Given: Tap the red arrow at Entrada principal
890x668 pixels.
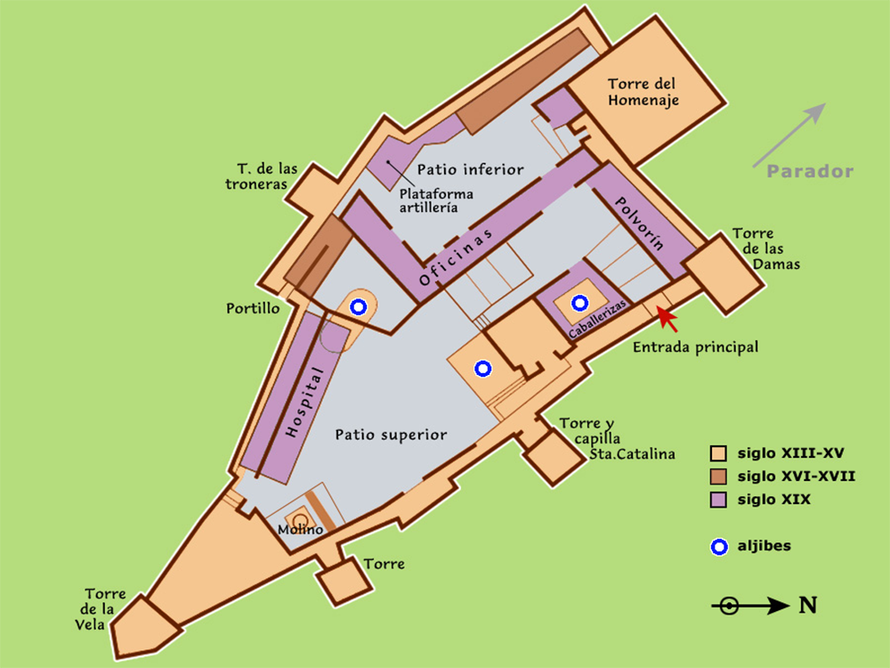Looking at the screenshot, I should point(667,317).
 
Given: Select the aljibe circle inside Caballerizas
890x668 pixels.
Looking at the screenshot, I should point(580,303).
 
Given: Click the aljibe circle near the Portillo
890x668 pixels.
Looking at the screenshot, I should point(358,307).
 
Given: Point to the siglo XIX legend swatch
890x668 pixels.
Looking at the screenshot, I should point(718,500).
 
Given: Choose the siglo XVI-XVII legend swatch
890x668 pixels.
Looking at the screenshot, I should point(718,477).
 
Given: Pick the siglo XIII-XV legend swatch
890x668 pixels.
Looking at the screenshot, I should point(718,453).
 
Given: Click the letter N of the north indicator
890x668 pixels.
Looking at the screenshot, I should point(807,606).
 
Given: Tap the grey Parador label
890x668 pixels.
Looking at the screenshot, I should point(811,172).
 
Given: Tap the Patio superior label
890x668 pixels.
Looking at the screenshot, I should point(391,435).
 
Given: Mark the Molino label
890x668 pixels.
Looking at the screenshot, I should point(300,530).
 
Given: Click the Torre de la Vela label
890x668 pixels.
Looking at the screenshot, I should point(105,609).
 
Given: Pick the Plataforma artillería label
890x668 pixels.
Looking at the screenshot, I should point(436,200).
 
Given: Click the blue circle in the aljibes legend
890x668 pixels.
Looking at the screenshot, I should point(718,547).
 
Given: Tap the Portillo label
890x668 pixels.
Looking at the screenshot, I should point(253,308).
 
